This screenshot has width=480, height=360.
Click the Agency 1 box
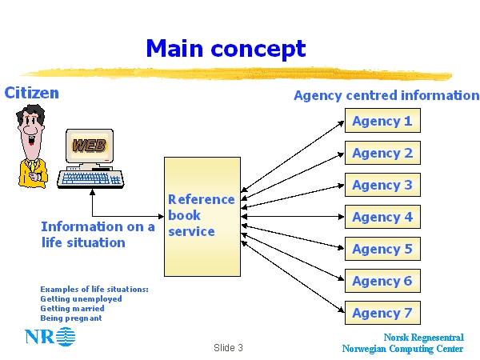coord(382,121)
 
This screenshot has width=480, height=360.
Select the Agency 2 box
coord(382,153)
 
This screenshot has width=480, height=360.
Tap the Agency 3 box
coord(382,185)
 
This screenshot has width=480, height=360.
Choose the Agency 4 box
coord(382,217)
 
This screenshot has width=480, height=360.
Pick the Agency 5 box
coord(382,249)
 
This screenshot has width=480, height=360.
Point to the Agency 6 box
coord(382,281)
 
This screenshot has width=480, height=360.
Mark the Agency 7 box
coord(382,313)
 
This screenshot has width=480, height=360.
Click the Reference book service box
coord(202,216)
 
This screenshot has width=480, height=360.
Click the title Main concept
coord(226,48)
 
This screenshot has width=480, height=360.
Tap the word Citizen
coord(32,93)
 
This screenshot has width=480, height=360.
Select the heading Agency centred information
coord(386,95)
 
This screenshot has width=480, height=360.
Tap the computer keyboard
coord(90,178)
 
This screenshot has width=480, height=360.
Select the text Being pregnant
coord(71,318)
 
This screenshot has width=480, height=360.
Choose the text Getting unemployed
coord(81,298)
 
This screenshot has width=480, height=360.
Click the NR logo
coord(50,337)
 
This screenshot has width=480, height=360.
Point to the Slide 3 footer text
coord(228,348)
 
